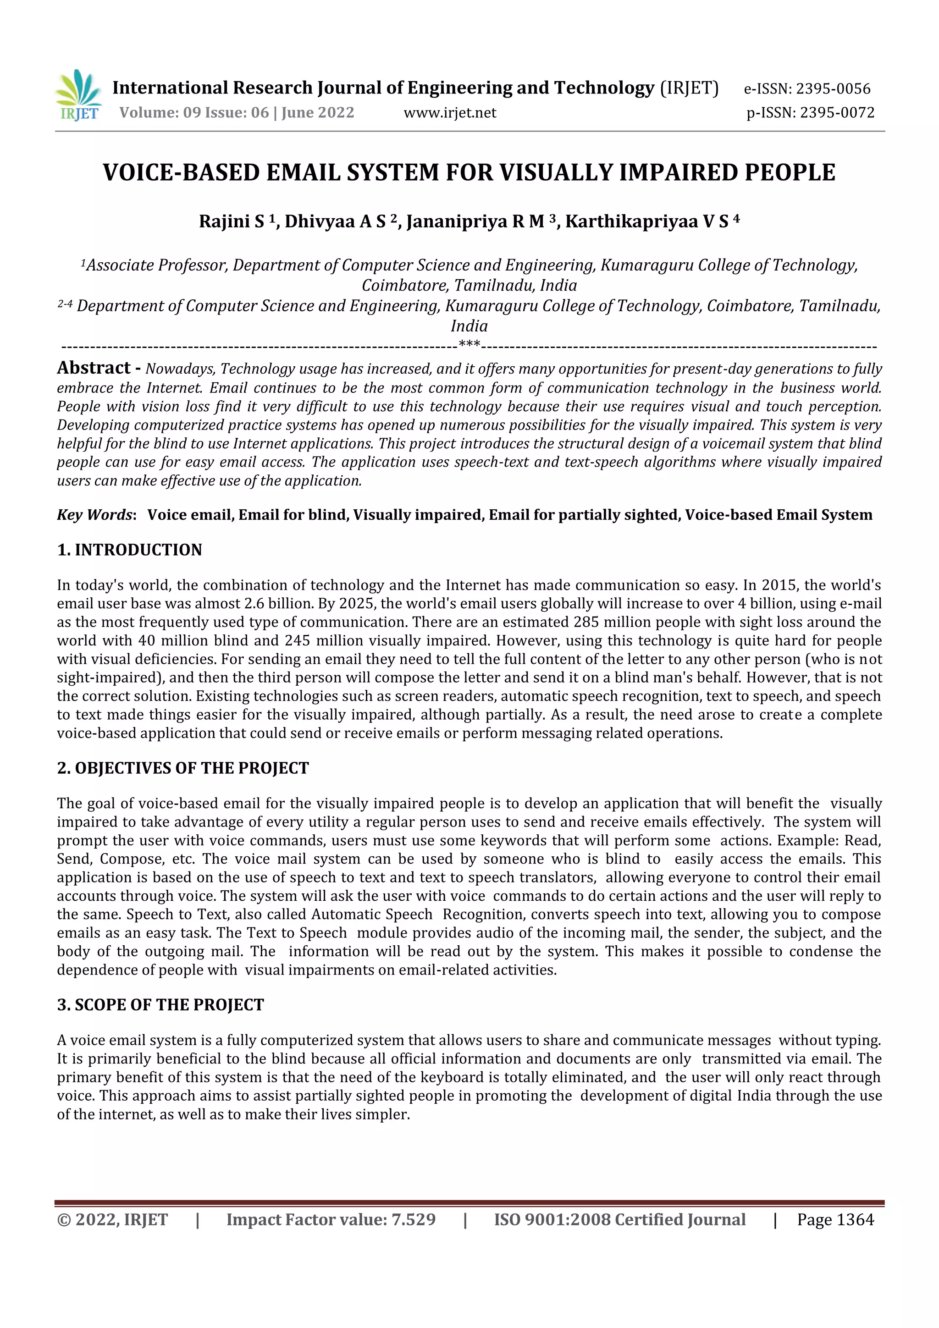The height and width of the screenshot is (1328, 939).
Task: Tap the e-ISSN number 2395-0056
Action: click(833, 89)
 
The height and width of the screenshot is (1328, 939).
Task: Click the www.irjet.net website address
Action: click(449, 113)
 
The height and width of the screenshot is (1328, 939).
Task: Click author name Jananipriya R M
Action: click(475, 221)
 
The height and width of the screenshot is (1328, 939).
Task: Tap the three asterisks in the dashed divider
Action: click(469, 345)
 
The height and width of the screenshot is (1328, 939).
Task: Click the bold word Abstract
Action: click(94, 368)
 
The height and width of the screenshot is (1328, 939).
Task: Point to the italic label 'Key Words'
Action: click(95, 515)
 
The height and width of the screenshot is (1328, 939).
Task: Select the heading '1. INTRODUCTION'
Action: click(130, 550)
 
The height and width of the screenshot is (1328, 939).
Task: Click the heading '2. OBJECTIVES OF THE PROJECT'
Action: click(183, 768)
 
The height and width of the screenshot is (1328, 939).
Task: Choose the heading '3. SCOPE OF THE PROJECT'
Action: click(160, 1005)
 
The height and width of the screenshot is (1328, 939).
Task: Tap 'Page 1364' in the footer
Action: click(835, 1220)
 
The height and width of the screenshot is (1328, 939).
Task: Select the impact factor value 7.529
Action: click(413, 1220)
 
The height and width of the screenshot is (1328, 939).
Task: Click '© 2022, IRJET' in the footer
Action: click(112, 1220)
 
